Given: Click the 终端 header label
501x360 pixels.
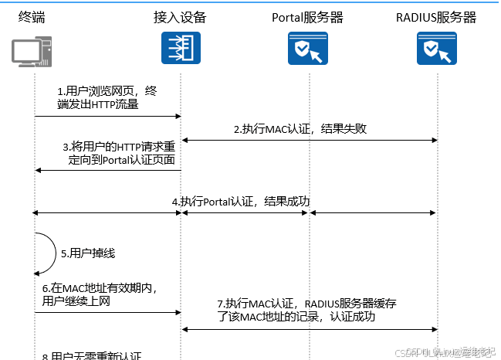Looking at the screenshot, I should coord(32,17).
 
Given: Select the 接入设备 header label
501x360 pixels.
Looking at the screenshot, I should coord(180,17).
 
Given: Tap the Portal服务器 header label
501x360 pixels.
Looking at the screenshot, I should coord(308,17).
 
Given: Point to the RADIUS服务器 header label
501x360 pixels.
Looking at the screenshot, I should coord(435,17).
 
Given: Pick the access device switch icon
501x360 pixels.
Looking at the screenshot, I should coord(180,49).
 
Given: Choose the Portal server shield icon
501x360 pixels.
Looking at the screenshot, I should coord(307,50).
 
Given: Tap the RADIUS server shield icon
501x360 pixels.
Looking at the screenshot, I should coord(436,50).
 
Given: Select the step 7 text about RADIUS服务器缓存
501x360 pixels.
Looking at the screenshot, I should coord(307,310).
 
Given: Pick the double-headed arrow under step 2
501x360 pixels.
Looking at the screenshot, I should coord(309,140).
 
